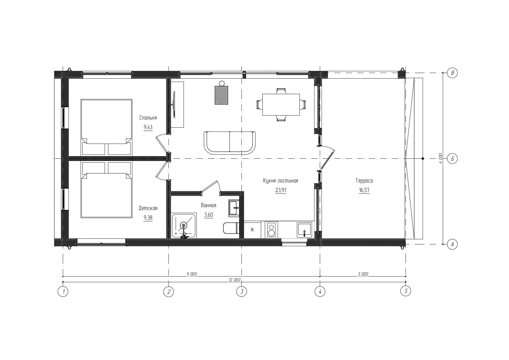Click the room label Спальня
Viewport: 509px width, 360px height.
(x=148, y=118)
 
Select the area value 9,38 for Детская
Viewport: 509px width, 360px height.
(x=148, y=218)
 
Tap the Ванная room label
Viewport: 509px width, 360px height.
(x=209, y=205)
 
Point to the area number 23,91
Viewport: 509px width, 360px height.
(x=281, y=190)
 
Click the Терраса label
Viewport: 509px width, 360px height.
(x=364, y=181)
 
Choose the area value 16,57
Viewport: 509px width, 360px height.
(x=364, y=190)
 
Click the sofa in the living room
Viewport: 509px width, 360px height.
(x=230, y=143)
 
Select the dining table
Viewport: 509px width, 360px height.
(x=281, y=104)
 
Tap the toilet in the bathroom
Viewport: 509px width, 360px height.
(x=231, y=228)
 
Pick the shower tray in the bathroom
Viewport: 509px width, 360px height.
(x=184, y=226)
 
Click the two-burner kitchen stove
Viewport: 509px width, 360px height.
(x=271, y=229)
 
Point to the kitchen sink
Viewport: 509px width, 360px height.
(x=304, y=230)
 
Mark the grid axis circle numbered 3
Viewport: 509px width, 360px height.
(x=242, y=291)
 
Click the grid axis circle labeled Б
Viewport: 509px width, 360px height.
(x=452, y=159)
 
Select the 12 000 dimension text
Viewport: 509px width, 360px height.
(x=234, y=280)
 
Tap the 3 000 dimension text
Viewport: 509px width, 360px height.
(x=363, y=274)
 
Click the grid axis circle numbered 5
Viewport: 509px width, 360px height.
(x=406, y=291)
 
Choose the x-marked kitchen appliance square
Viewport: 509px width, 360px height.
(x=252, y=229)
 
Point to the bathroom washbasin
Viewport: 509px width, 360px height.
(x=234, y=208)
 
